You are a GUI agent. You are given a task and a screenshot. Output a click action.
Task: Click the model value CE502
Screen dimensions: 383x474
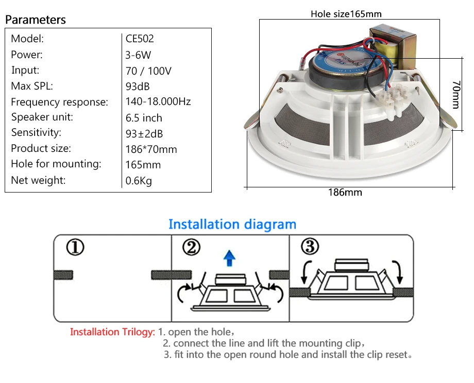pos(140,39)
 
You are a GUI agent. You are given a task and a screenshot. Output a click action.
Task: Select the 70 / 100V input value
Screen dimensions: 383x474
pos(148,71)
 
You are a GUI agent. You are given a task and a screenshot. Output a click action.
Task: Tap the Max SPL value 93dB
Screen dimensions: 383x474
pos(138,86)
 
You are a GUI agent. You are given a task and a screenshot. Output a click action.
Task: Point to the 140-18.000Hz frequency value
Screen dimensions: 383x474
pos(158,102)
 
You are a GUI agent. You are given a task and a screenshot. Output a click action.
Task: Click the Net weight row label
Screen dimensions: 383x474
pos(38,180)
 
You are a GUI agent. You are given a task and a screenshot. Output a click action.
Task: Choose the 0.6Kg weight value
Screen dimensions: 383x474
pos(139,181)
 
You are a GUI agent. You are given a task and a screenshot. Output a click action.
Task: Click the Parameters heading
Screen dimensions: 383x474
pos(36,20)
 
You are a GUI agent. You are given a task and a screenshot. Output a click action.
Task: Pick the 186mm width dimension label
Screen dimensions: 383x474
pos(345,193)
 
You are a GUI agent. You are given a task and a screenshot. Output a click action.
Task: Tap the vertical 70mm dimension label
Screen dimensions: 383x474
pos(455,94)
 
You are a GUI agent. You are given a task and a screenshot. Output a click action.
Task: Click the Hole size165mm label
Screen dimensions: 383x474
pos(346,14)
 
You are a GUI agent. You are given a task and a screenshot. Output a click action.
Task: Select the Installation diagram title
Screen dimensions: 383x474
pos(232,224)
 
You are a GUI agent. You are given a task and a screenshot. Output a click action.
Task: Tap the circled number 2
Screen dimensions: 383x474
pos(191,248)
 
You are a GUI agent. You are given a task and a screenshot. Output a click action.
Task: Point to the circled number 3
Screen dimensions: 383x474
pos(310,247)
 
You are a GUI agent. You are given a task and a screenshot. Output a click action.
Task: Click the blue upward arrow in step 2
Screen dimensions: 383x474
pos(230,258)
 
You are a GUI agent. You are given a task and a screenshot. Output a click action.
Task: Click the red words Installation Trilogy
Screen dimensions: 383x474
pos(112,332)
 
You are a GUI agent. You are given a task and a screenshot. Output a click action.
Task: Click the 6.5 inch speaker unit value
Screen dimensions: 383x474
pos(144,118)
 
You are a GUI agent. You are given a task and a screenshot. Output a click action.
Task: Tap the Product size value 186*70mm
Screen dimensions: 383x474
pos(151,149)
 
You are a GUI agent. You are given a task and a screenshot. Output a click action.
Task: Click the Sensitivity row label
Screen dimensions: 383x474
pos(36,133)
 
